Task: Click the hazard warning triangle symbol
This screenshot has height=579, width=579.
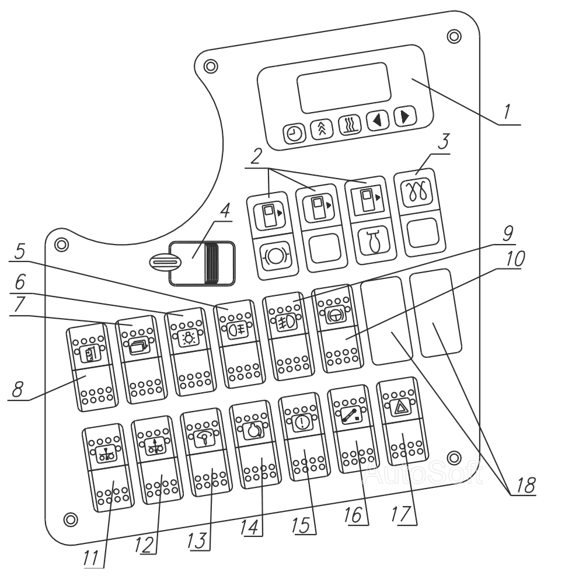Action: point(400,408)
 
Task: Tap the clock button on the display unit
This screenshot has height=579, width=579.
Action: point(294,133)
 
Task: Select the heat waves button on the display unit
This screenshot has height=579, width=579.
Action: point(350,126)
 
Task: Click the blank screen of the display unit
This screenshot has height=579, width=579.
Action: point(344,88)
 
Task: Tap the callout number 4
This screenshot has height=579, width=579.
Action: point(225,210)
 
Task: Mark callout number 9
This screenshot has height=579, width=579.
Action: point(508,233)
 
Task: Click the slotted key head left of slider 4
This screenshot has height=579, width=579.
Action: point(163,263)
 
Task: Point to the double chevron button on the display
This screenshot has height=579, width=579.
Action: point(322,130)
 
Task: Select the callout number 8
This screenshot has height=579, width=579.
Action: point(18,389)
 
